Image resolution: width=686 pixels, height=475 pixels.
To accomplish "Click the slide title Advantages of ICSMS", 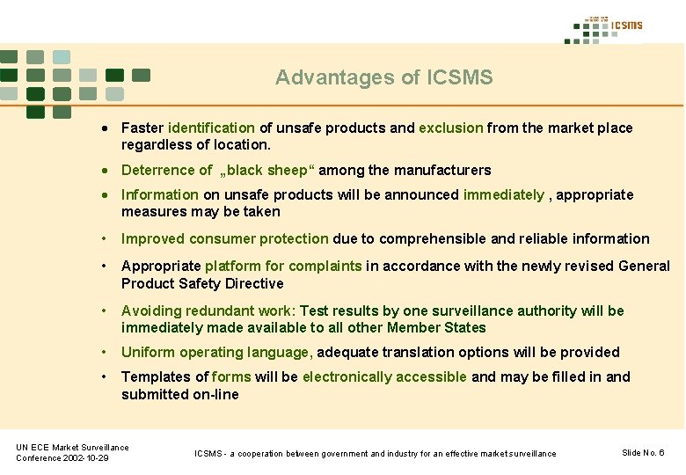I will point(383,77).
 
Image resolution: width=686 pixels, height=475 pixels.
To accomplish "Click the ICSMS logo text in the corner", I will point(627,26).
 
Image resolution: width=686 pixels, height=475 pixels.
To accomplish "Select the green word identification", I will point(211,128).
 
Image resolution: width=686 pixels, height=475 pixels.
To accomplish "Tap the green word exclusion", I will point(450,128).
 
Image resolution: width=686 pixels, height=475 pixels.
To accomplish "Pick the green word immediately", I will point(503,194).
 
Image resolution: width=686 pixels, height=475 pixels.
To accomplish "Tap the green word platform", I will point(230,266).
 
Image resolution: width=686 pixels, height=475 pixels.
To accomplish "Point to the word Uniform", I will point(148,352).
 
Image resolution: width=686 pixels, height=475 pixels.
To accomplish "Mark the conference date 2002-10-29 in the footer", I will point(84,458).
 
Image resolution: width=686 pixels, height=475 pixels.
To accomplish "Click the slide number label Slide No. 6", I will point(643,452).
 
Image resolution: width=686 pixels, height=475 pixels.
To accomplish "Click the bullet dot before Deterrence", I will point(105,171).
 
